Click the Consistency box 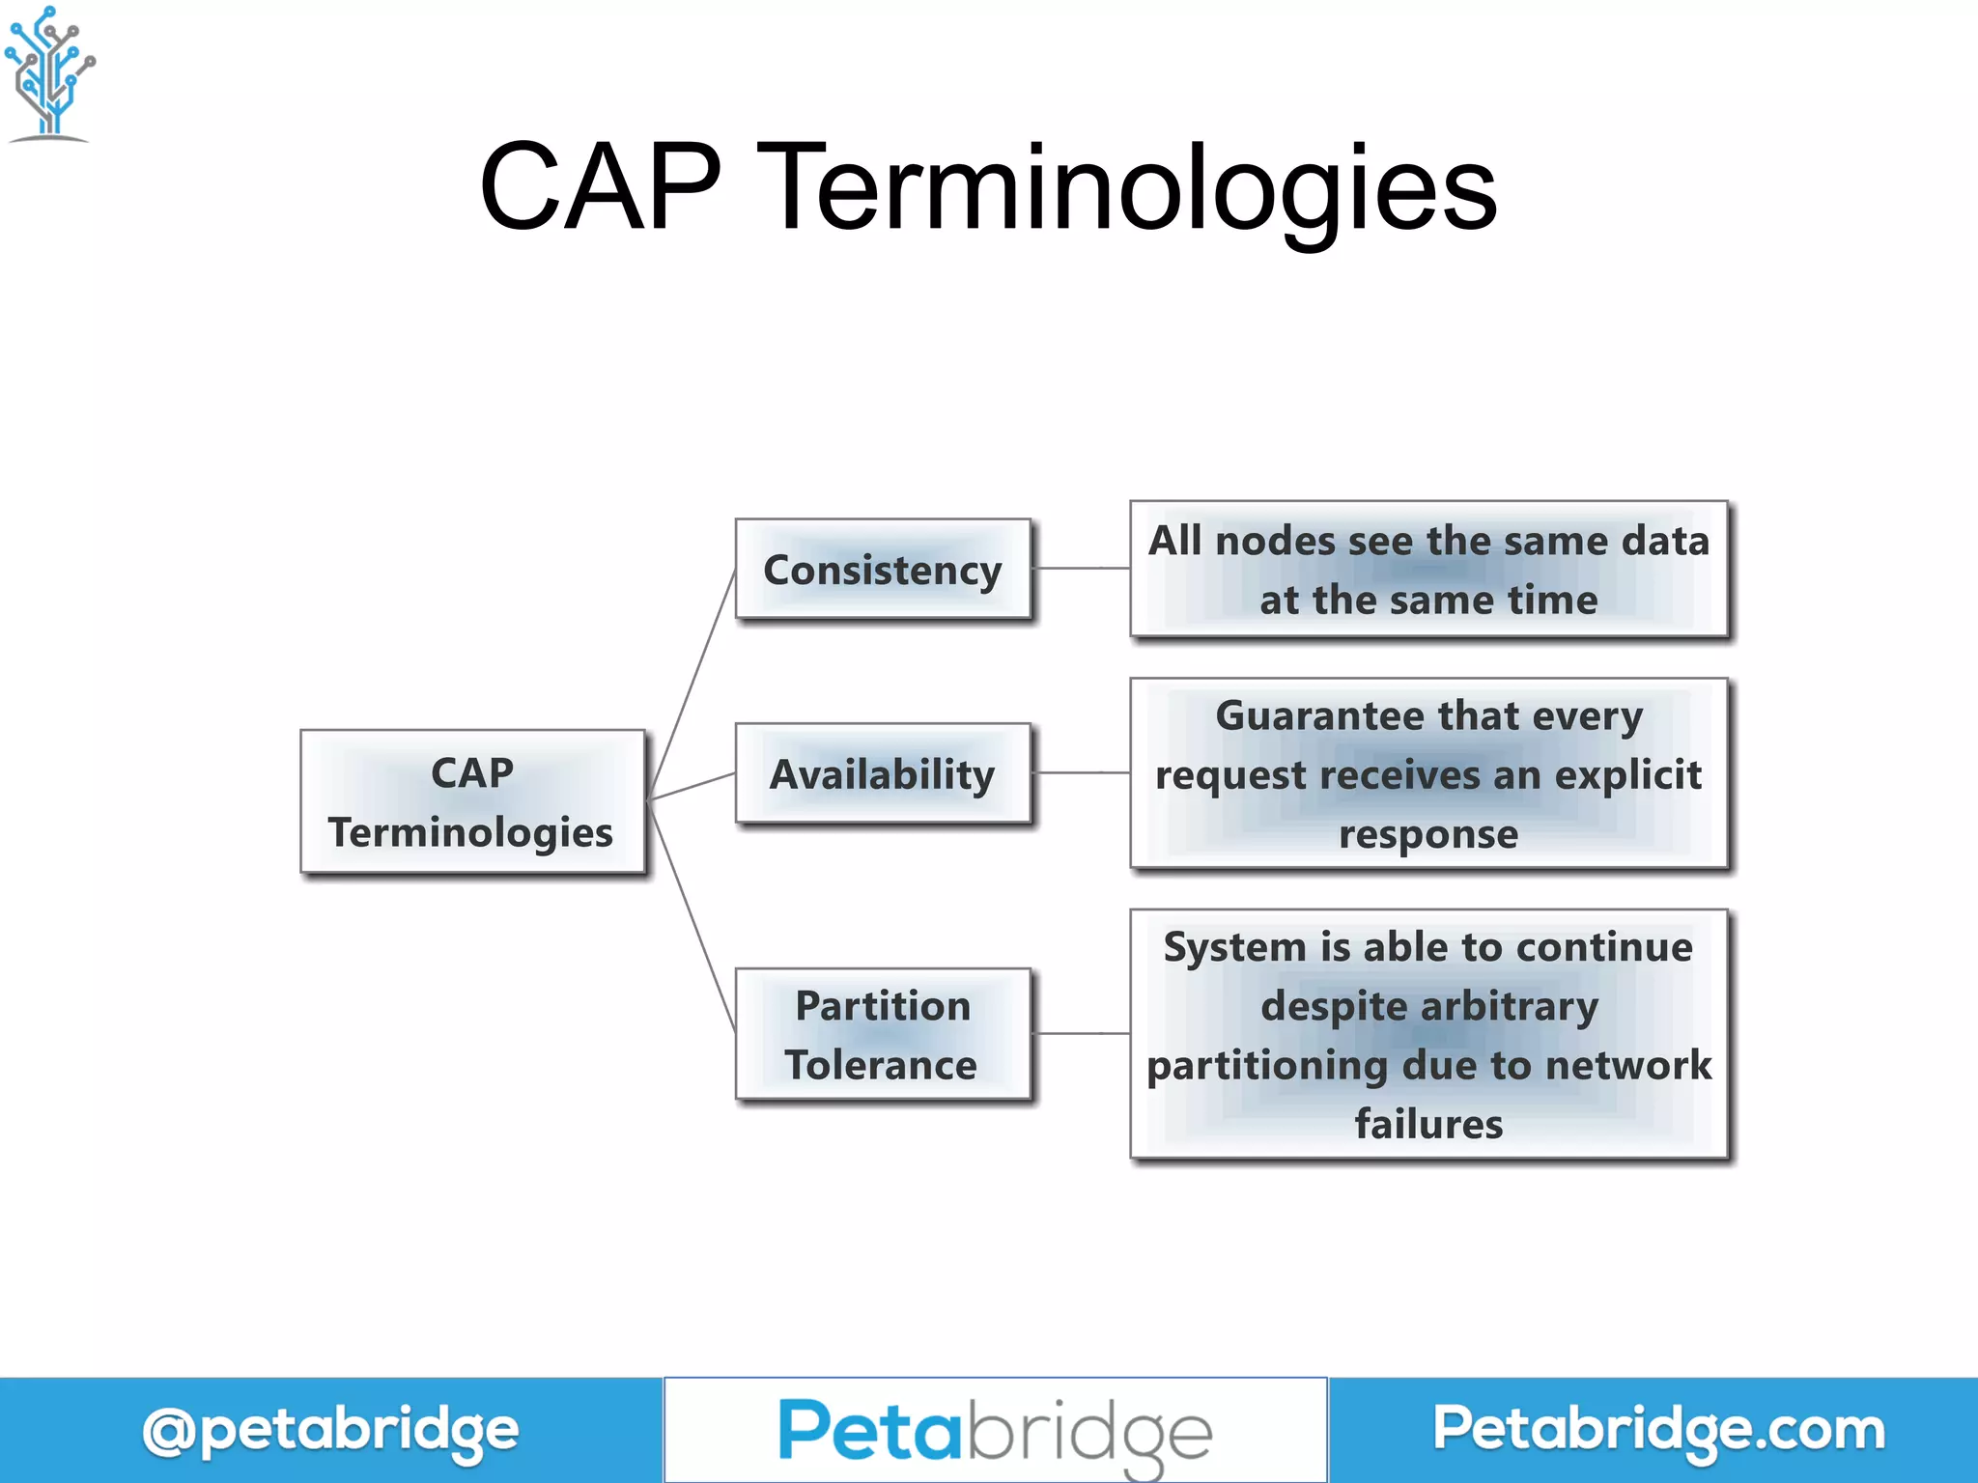[x=883, y=570]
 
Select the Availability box [x=883, y=773]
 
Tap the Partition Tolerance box [x=883, y=1034]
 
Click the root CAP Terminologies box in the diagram [x=472, y=801]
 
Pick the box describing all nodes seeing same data [x=1428, y=570]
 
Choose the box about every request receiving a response [x=1428, y=773]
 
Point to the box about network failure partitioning [x=1428, y=1034]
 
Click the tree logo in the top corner [x=49, y=73]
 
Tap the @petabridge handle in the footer [x=330, y=1431]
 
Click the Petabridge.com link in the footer [x=1658, y=1429]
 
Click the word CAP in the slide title [x=600, y=187]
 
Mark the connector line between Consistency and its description [x=1081, y=569]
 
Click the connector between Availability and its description [x=1081, y=772]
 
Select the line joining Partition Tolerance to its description [x=1081, y=1033]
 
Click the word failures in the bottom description [x=1428, y=1125]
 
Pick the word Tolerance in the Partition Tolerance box [x=881, y=1065]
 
